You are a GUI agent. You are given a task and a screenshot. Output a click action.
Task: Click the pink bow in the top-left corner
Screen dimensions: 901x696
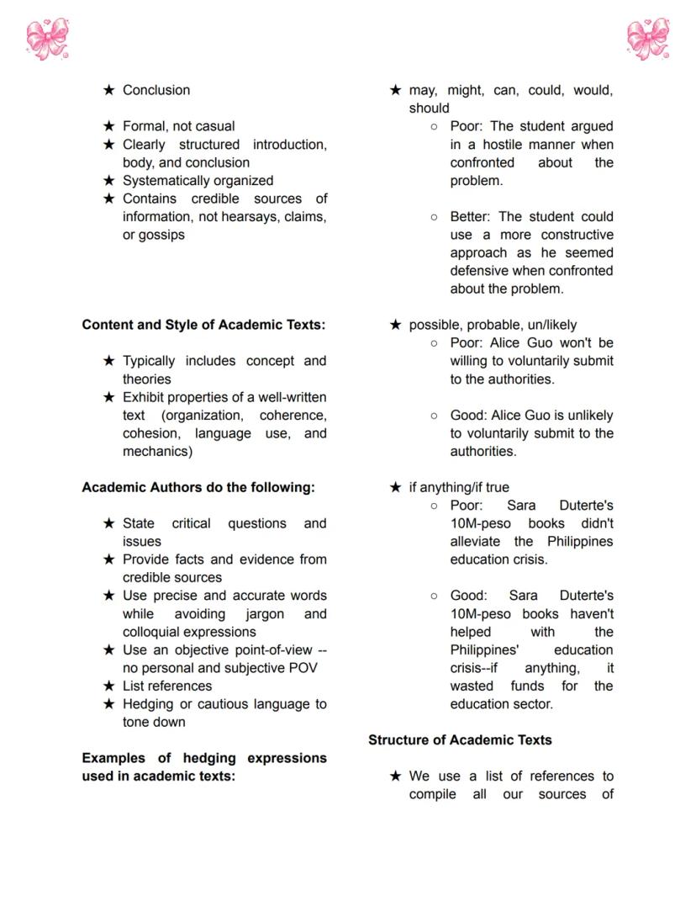(x=47, y=39)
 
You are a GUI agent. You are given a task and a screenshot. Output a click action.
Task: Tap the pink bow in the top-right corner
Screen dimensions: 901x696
(x=648, y=39)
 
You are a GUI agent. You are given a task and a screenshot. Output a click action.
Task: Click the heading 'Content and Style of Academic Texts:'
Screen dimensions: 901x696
(x=203, y=325)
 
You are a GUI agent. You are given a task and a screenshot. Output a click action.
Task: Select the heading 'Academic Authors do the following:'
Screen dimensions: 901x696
(x=198, y=487)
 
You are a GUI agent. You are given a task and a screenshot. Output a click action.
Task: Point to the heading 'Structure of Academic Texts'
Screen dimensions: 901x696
(x=460, y=739)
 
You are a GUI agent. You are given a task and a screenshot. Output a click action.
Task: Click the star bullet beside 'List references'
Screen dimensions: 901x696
(x=108, y=686)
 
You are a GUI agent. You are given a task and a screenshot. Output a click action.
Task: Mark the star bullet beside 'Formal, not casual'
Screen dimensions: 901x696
(x=108, y=126)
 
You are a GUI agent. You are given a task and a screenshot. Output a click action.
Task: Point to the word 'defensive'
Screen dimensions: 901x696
(x=479, y=271)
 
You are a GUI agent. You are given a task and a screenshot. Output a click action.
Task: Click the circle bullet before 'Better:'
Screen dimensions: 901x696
(x=434, y=217)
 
